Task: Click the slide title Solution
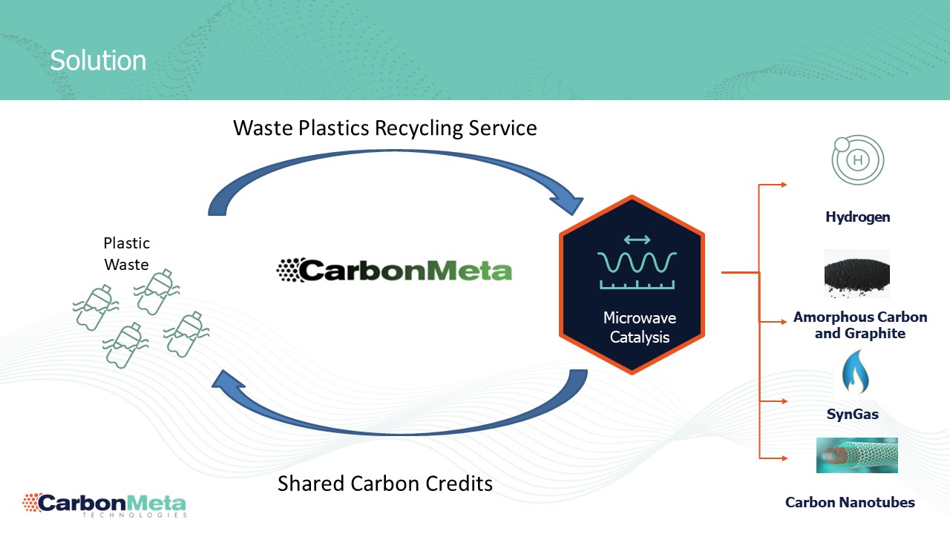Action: [98, 60]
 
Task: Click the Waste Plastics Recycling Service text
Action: [384, 128]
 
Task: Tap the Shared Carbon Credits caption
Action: [384, 484]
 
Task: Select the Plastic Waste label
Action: [126, 253]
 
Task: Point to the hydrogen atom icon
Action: [857, 159]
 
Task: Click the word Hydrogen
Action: [857, 217]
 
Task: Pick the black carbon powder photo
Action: [857, 274]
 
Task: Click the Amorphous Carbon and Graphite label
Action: [860, 325]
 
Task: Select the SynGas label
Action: [852, 414]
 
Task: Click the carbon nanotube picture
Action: [856, 455]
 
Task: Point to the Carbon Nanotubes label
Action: [850, 502]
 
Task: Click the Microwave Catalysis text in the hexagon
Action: [639, 328]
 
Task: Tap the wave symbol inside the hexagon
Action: [637, 262]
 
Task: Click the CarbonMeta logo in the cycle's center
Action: [394, 269]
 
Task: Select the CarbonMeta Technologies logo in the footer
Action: [104, 504]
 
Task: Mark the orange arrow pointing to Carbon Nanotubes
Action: [782, 458]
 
